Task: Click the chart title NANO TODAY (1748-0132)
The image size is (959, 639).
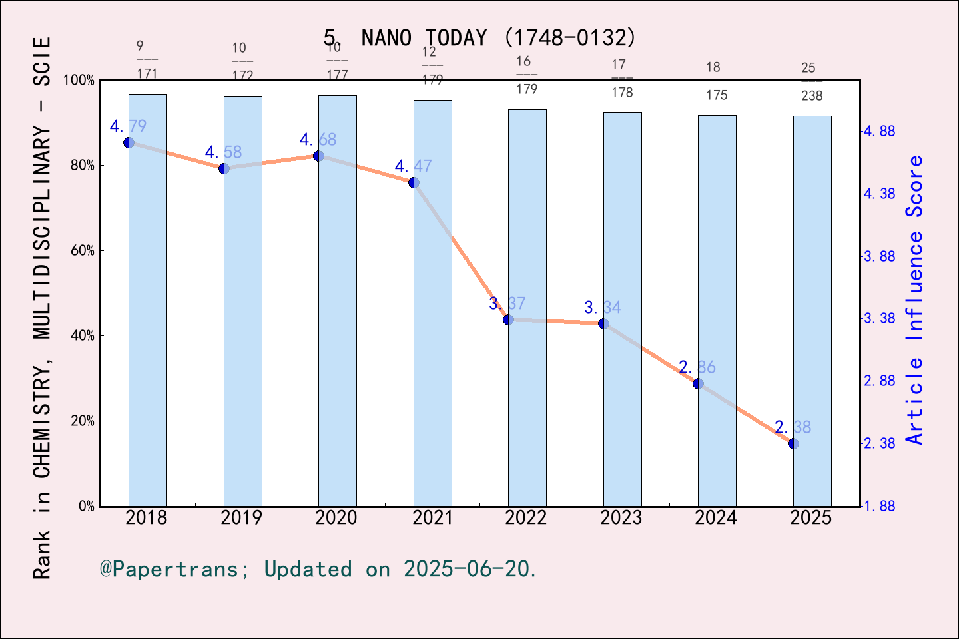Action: tap(479, 37)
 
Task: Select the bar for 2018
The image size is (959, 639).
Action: tap(147, 300)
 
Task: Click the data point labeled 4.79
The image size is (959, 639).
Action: tap(129, 142)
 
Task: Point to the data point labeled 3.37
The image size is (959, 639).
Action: tap(508, 319)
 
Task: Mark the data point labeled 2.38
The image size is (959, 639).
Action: tap(793, 443)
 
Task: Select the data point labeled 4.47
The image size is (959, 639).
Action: tap(414, 182)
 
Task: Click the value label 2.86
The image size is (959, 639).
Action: tap(697, 367)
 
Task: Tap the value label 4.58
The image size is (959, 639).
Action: tap(223, 152)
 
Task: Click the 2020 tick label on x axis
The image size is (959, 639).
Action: tap(336, 518)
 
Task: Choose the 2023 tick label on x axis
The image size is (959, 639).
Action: tap(621, 518)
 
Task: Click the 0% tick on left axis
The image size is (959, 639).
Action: tap(85, 507)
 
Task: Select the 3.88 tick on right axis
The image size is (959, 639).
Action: tap(879, 256)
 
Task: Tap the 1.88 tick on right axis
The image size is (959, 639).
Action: tap(879, 506)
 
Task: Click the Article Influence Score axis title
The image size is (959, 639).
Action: tap(915, 300)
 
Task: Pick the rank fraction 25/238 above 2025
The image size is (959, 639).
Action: tap(811, 81)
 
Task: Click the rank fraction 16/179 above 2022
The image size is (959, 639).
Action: tap(526, 75)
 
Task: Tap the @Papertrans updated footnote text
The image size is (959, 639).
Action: tap(318, 569)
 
